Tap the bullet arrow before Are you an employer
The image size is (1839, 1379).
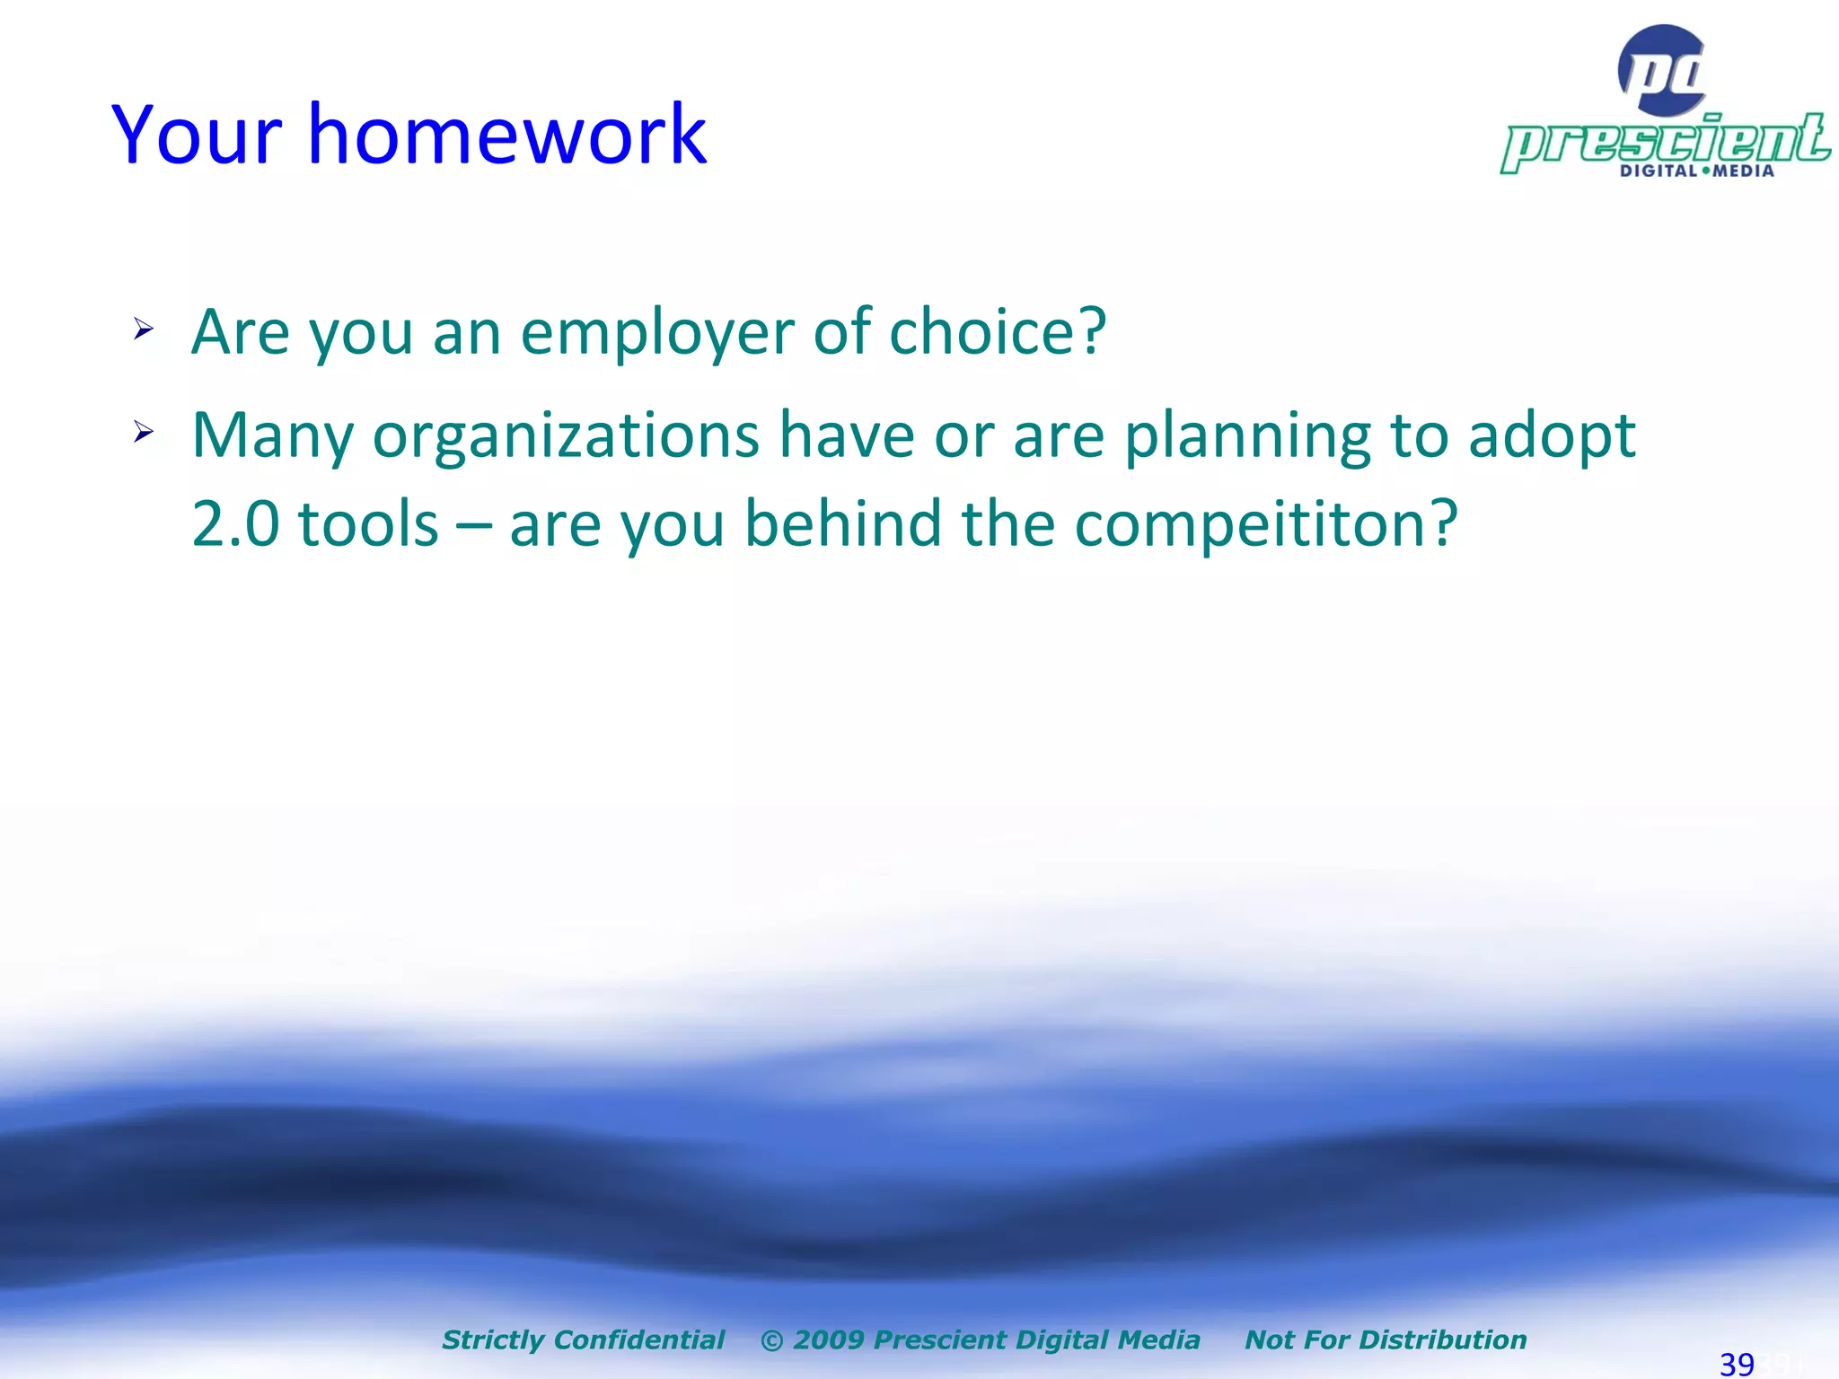coord(144,329)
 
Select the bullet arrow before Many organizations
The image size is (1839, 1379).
coord(144,434)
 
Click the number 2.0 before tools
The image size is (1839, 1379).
coord(235,523)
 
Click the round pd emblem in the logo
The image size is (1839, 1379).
coord(1663,70)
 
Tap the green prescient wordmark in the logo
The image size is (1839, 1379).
coord(1666,141)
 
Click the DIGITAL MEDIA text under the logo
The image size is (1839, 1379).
coord(1696,171)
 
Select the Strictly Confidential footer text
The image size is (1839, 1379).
coord(583,1339)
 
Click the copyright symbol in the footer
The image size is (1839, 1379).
coord(771,1340)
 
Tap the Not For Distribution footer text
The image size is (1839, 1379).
coord(1386,1339)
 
